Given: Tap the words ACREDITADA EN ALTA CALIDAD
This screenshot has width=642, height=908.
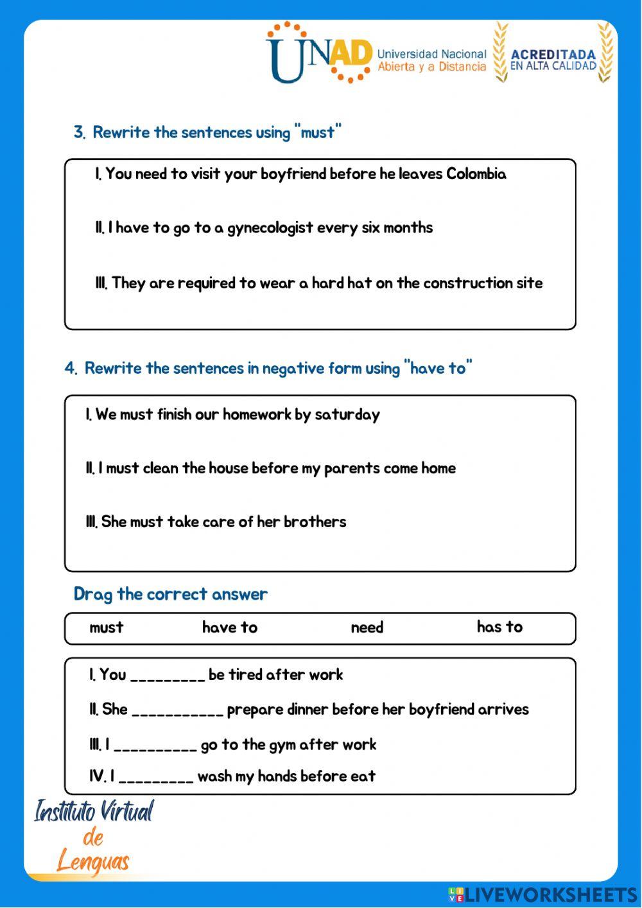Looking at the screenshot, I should [553, 60].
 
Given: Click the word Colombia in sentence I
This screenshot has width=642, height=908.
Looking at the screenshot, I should [476, 174].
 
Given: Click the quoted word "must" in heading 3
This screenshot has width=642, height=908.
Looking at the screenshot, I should [318, 132].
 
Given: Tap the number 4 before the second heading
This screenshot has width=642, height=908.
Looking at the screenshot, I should [70, 369].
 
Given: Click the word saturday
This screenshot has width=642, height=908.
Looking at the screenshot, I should [347, 415].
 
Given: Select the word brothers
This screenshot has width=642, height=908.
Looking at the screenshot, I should [315, 522].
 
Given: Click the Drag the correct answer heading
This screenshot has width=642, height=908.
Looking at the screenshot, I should [170, 594].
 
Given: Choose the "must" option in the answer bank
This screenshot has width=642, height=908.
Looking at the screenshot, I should [107, 627].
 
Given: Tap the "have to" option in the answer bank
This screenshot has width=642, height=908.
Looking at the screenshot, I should [230, 627].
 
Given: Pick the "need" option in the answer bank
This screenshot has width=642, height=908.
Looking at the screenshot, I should [367, 627].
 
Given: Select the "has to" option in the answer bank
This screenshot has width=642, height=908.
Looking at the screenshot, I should [499, 627].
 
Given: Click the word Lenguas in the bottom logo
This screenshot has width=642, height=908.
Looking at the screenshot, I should [94, 862].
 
